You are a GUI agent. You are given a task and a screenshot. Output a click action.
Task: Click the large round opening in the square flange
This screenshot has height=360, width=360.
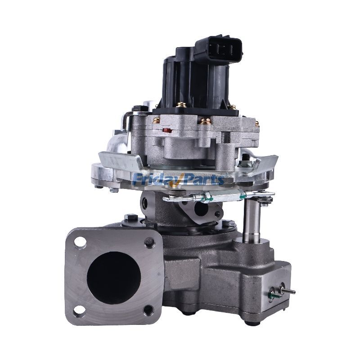(x=114, y=275)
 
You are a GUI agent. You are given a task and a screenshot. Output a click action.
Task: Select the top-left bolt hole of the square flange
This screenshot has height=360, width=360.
(x=81, y=243)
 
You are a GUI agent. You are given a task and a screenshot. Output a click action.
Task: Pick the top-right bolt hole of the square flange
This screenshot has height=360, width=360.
(x=149, y=243)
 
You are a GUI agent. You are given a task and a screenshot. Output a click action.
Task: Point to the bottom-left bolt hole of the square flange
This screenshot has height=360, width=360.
(x=80, y=309)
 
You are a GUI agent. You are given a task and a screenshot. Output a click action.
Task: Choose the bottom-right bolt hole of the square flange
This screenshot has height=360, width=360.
(x=148, y=310)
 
